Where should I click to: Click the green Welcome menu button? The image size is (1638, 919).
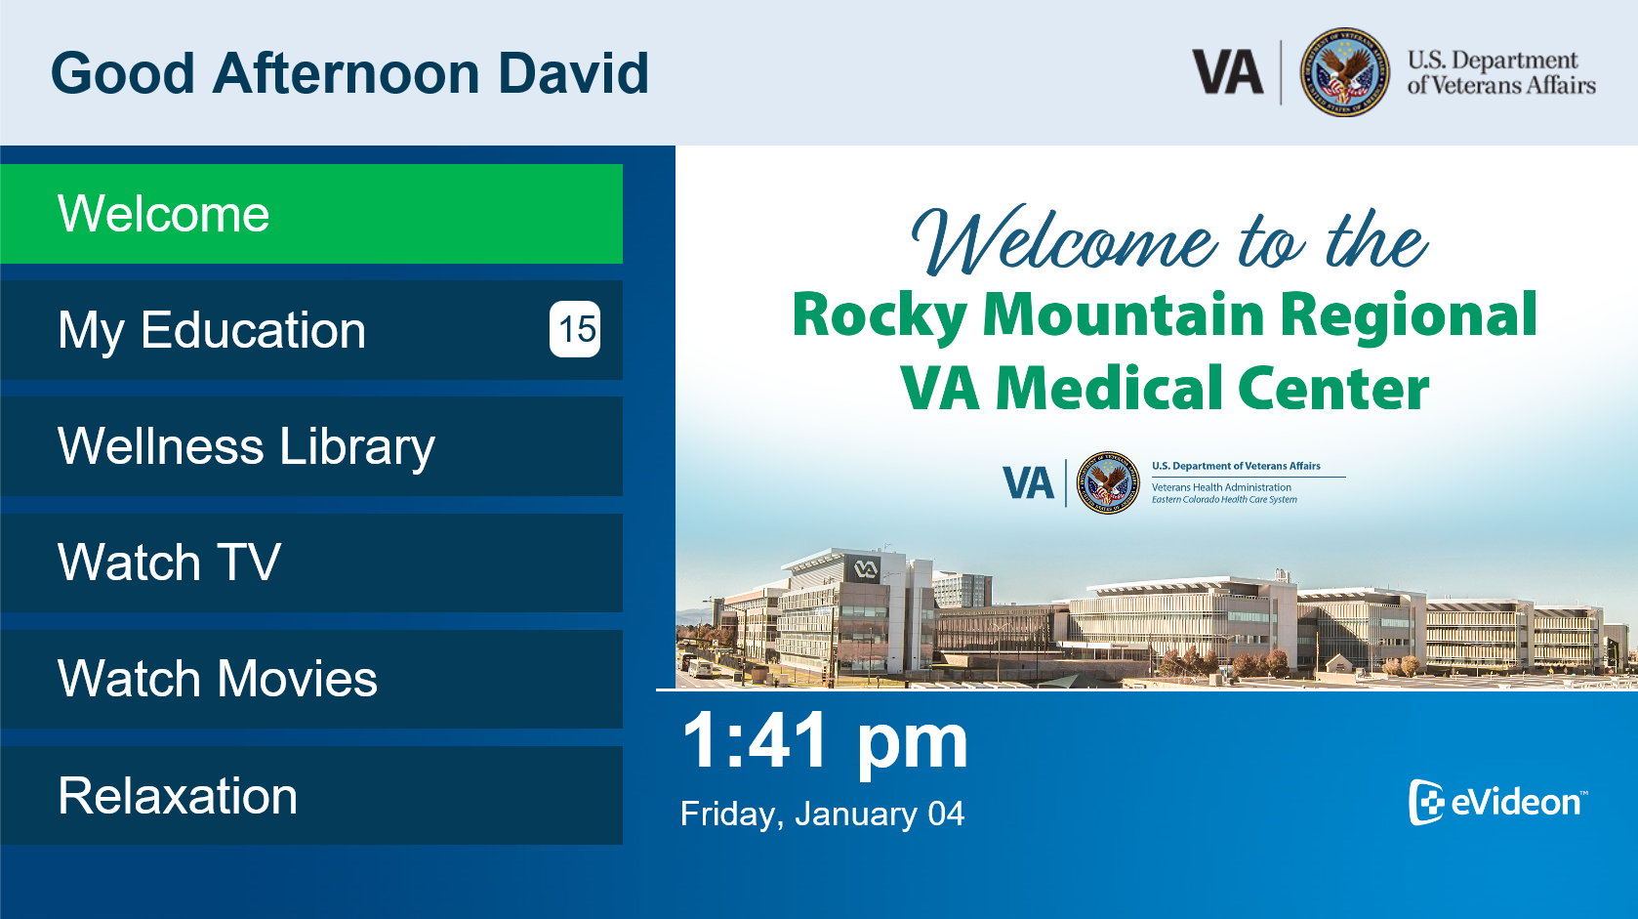[311, 214]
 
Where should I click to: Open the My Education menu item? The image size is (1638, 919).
[311, 330]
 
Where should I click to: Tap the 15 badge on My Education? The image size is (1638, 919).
[576, 329]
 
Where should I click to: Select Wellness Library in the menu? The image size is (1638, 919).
[311, 446]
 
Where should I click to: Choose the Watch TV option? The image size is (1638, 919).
[311, 563]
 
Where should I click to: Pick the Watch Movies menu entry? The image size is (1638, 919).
[311, 679]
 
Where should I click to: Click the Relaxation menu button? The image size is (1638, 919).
[311, 795]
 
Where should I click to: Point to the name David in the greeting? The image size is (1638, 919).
[573, 73]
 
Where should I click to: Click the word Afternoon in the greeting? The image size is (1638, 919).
[346, 73]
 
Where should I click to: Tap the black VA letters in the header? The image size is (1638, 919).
[1228, 71]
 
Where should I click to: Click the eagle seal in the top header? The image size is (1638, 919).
[1345, 72]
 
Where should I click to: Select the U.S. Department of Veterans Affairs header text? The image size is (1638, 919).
[1501, 72]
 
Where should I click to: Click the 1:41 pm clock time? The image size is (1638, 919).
[825, 742]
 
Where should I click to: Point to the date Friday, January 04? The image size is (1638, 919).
[823, 814]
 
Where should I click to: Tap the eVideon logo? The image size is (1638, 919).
[1498, 802]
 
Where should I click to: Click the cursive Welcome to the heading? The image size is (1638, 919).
[1169, 240]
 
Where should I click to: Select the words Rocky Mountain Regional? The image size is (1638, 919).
[1165, 315]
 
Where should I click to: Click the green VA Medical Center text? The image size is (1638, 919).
[1165, 388]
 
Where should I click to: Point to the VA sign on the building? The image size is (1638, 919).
[865, 569]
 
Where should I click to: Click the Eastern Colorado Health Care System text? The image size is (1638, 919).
[1224, 500]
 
